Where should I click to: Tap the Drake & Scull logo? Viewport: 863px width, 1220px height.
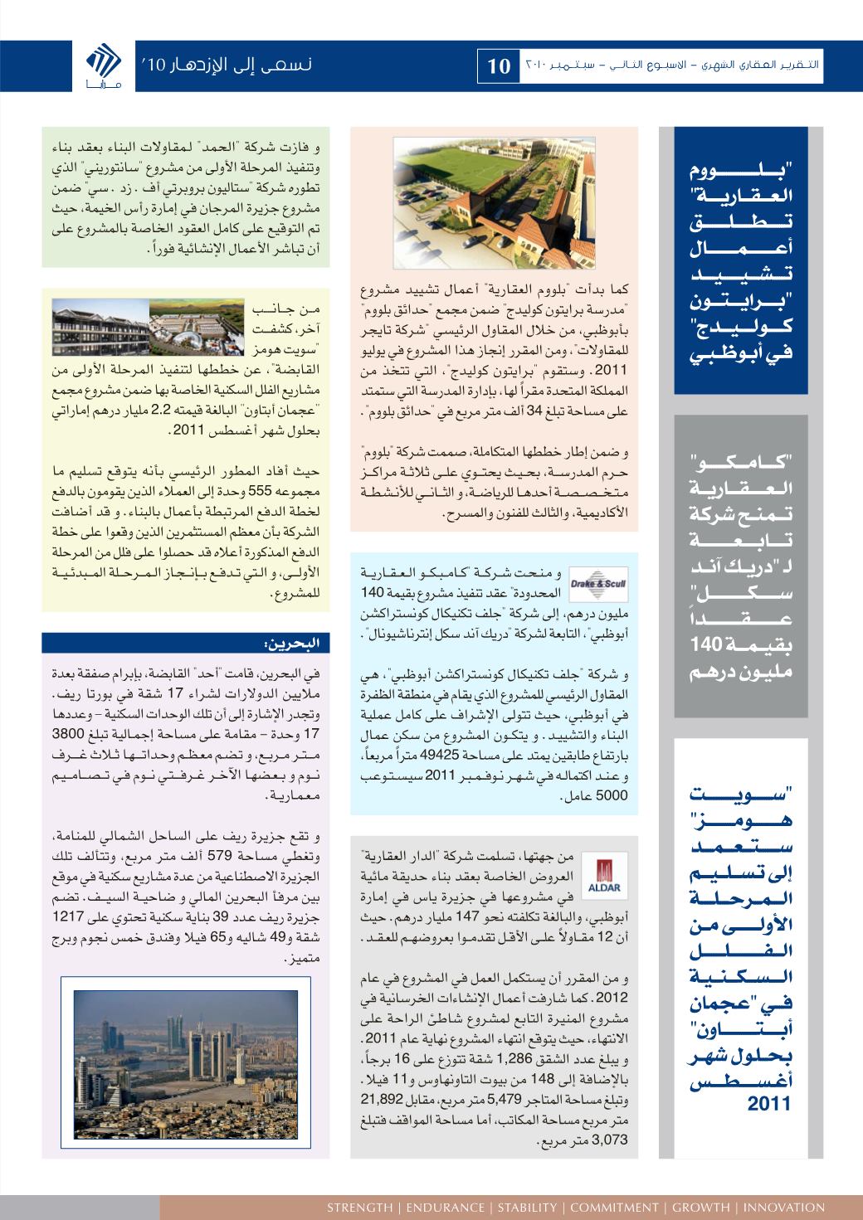point(599,584)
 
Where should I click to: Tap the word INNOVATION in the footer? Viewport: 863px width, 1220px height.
point(784,1208)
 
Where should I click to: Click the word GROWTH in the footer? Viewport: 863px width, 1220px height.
point(701,1208)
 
